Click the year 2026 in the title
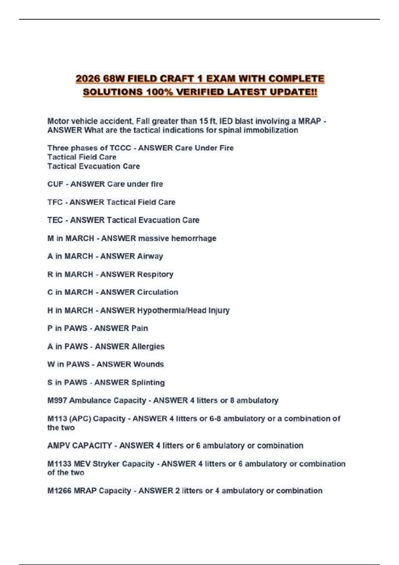pos(88,79)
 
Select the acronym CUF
pos(55,184)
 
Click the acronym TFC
pos(55,202)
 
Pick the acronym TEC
pos(55,220)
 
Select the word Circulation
pos(158,292)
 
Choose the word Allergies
pos(147,346)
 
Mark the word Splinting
pos(147,383)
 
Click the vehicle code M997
pos(57,400)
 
